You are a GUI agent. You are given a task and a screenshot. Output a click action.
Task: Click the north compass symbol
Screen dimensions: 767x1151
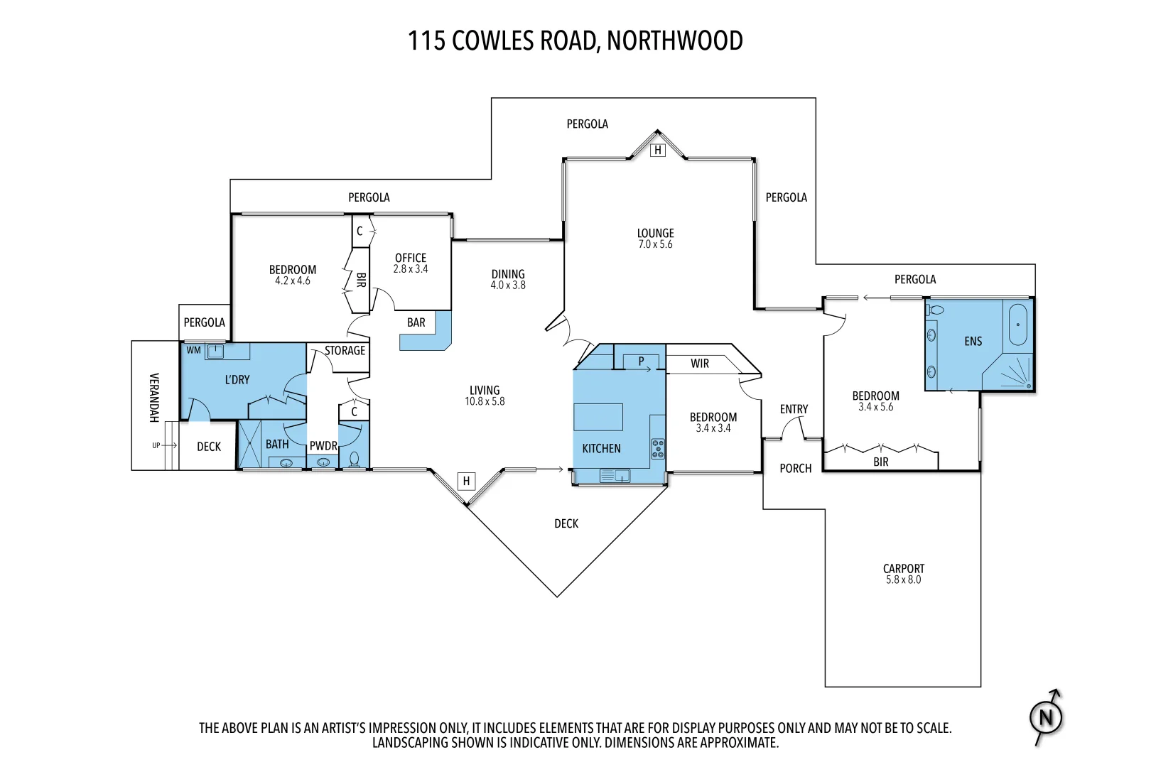tap(1046, 717)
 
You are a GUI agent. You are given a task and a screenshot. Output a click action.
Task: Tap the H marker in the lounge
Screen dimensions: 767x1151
tap(658, 150)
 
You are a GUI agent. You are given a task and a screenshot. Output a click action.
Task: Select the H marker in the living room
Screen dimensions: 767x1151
tap(466, 481)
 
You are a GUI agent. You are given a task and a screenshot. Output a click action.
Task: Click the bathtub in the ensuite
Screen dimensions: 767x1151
tap(1018, 325)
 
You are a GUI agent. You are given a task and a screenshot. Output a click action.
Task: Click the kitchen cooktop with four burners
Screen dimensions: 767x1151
tap(658, 448)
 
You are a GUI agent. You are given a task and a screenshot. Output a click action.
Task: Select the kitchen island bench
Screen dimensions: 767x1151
tap(598, 417)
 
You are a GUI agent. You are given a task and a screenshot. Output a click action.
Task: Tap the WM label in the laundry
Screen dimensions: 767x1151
tap(193, 350)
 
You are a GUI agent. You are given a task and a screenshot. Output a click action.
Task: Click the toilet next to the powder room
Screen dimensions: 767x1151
tap(355, 459)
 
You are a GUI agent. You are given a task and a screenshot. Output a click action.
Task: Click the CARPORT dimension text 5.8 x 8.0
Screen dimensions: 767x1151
tap(903, 580)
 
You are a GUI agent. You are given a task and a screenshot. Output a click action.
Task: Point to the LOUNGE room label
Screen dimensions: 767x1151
tap(655, 233)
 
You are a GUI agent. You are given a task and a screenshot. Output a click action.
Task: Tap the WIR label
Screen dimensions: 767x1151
tap(700, 364)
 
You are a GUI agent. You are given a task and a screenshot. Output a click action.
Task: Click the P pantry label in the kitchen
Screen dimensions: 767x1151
tap(641, 361)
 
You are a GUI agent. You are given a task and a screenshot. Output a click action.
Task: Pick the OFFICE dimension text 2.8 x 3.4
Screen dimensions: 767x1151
tap(411, 269)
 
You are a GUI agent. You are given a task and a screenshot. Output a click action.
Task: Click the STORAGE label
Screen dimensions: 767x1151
tap(345, 350)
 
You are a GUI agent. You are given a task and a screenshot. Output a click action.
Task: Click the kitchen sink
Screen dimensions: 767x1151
tap(615, 476)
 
